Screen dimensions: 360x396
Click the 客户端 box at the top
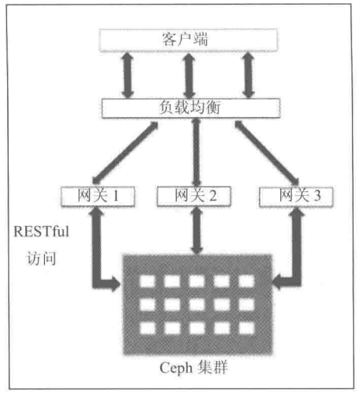tap(188, 40)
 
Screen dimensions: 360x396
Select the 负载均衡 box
tap(191, 108)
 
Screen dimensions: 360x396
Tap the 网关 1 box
tap(98, 196)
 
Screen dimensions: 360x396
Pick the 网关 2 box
tap(194, 196)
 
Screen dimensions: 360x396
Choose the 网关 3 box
tap(296, 197)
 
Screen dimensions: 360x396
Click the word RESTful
tap(41, 232)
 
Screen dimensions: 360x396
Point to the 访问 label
tap(41, 258)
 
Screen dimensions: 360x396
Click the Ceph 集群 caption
tap(193, 368)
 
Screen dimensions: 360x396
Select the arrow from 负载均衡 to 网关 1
tap(126, 153)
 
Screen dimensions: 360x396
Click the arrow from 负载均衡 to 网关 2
tap(197, 153)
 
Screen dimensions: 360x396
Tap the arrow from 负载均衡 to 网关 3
tap(267, 153)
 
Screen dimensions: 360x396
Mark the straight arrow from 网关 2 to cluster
tap(197, 231)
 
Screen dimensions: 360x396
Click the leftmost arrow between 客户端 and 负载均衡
tap(128, 75)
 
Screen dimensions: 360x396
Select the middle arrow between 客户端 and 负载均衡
tap(189, 75)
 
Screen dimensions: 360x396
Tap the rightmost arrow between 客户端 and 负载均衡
tap(248, 75)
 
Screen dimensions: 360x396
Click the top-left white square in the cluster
tap(148, 281)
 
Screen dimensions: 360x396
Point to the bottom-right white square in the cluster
tap(246, 328)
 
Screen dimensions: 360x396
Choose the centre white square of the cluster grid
tap(197, 305)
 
